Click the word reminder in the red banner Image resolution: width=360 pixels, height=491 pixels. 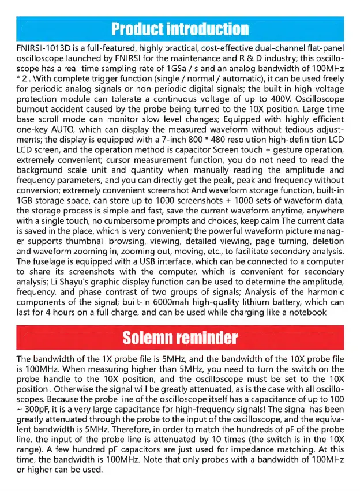click(x=208, y=336)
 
